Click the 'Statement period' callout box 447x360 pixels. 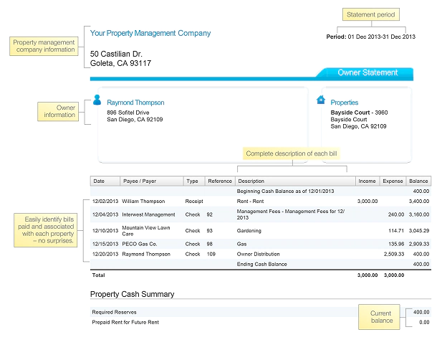(x=370, y=15)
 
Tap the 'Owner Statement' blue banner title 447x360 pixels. (x=367, y=72)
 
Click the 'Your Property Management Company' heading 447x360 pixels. (x=150, y=33)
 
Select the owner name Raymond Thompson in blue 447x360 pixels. (x=135, y=103)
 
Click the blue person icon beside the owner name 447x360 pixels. (x=97, y=101)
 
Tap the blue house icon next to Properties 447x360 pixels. (x=321, y=100)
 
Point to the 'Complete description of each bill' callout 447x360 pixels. (x=291, y=153)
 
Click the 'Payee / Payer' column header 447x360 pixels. (x=139, y=181)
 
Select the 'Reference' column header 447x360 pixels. (x=219, y=181)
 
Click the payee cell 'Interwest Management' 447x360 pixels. (x=148, y=214)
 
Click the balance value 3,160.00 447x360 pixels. (x=418, y=214)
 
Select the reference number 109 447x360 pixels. (x=210, y=255)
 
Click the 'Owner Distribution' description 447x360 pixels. (x=260, y=255)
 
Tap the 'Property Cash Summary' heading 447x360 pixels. (x=132, y=294)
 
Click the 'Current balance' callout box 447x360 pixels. (x=381, y=317)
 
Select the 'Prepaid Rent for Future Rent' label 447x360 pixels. (x=125, y=323)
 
